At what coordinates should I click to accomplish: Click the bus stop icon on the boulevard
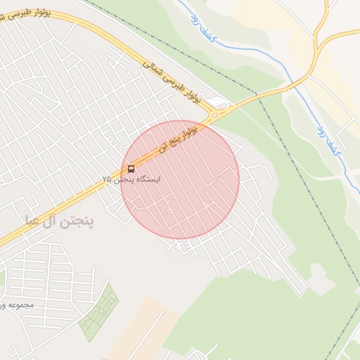pos(131,169)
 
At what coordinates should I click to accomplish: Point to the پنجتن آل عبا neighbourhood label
pos(59,221)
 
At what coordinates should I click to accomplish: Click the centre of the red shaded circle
pos(180,179)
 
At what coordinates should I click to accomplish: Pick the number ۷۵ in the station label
pos(106,180)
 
